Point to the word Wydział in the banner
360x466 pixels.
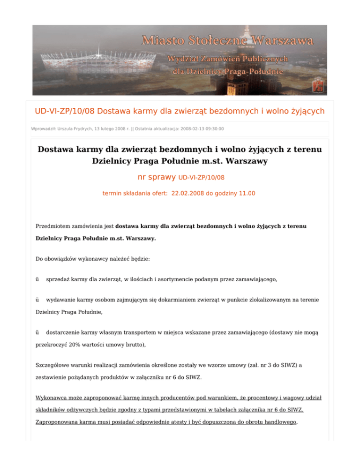click(x=185, y=59)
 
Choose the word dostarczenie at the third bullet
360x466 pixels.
click(x=64, y=332)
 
